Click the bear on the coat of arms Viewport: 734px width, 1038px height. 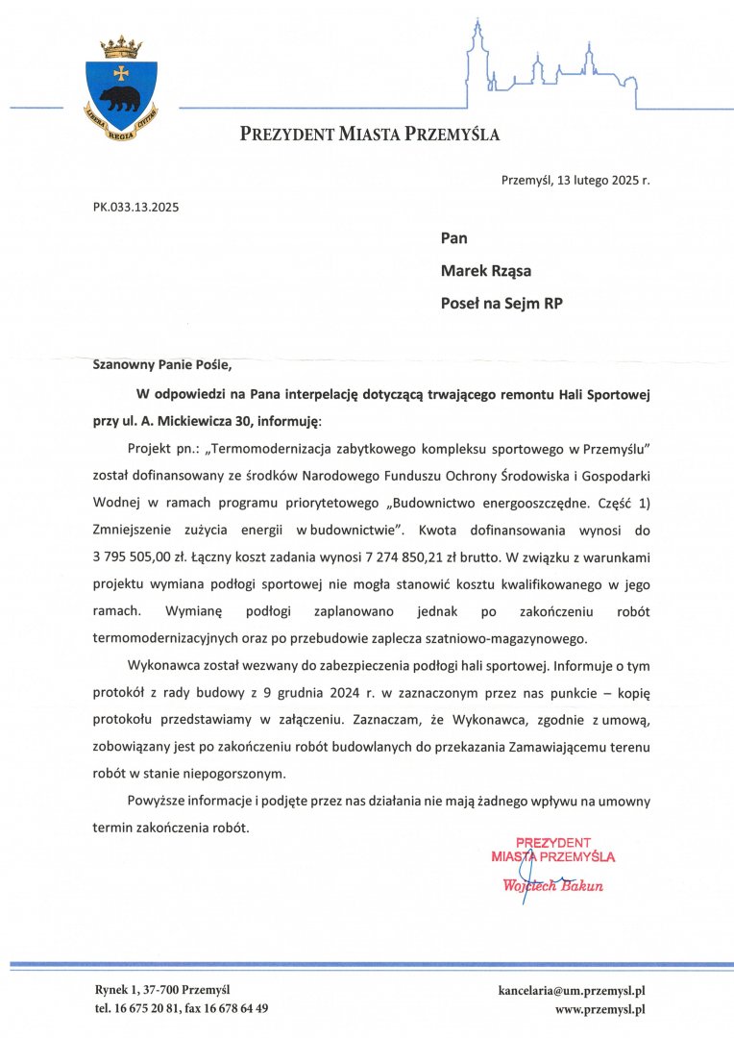pyautogui.click(x=121, y=97)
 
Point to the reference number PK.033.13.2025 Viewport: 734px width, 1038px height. pyautogui.click(x=135, y=206)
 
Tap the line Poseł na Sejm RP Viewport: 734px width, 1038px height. pyautogui.click(x=502, y=303)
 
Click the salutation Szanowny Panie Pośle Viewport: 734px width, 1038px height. pyautogui.click(x=162, y=364)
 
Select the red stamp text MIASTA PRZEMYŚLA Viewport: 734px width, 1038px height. pyautogui.click(x=552, y=855)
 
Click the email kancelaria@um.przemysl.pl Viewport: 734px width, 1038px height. pyautogui.click(x=571, y=990)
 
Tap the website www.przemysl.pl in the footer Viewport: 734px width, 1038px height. pyautogui.click(x=599, y=1009)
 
